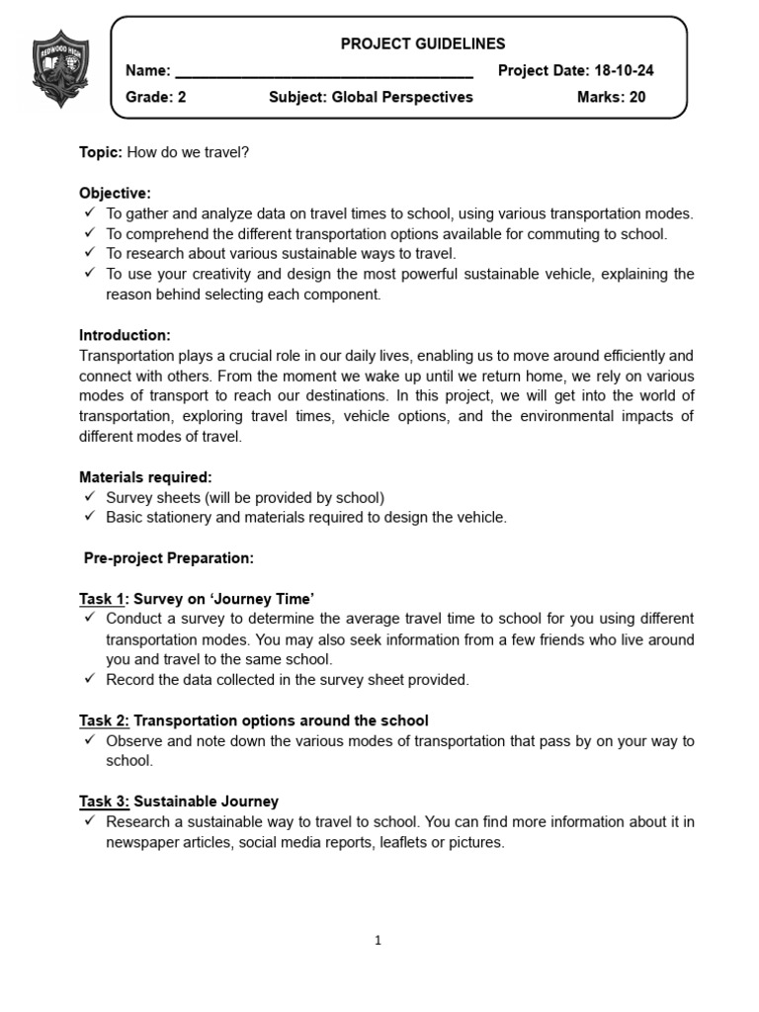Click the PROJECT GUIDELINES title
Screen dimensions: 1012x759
(x=422, y=43)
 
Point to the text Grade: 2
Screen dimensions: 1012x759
(x=155, y=97)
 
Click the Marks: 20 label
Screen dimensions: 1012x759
(x=611, y=97)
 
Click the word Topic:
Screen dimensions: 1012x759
(x=101, y=152)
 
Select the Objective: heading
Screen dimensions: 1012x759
(x=115, y=193)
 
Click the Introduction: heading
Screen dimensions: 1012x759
(x=125, y=335)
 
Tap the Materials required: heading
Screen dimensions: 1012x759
(x=145, y=477)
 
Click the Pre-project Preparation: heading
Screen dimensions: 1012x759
(x=168, y=558)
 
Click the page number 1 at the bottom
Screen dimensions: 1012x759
(x=379, y=941)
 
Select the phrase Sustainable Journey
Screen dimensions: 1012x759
(x=206, y=801)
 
